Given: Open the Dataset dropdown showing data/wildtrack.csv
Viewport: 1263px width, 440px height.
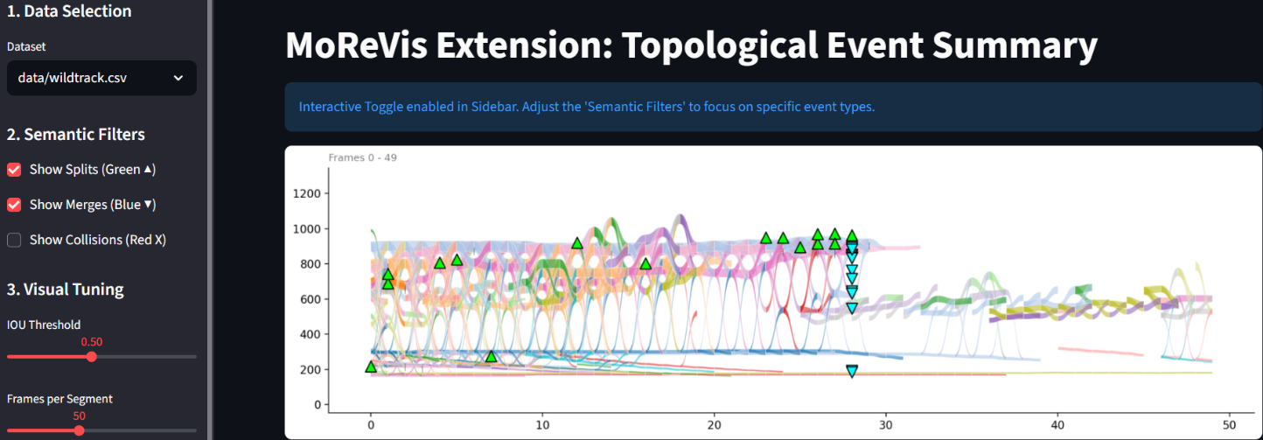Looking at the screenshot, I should (x=101, y=78).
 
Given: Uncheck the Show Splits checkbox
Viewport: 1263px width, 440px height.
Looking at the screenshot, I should (x=14, y=169).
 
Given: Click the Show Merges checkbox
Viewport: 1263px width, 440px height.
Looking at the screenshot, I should (x=14, y=205).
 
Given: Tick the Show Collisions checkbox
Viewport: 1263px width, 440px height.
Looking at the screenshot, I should (x=14, y=240).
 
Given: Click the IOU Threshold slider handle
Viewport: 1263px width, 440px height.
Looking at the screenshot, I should (x=92, y=357).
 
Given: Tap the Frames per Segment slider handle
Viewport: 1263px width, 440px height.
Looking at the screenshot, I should (x=79, y=430).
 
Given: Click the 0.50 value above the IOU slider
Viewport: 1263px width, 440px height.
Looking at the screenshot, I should (x=92, y=342).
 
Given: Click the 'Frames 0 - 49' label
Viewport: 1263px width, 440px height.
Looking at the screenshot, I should (x=364, y=157).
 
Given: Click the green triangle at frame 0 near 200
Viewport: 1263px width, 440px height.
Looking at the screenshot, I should (x=371, y=367).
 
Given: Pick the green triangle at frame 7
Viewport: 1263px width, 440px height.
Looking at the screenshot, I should (x=491, y=356).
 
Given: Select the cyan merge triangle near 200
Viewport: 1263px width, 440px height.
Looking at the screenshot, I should (x=852, y=371).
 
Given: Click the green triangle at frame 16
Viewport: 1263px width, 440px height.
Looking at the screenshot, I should (x=645, y=263).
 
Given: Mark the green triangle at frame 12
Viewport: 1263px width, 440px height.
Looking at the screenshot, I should (x=577, y=243).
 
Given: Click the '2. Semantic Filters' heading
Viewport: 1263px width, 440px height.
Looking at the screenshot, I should (x=76, y=135).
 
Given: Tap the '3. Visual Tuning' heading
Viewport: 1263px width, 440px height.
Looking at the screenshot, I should (x=66, y=290).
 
